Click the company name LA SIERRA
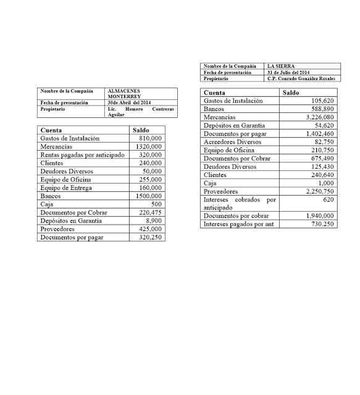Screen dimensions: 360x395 [281, 65]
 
